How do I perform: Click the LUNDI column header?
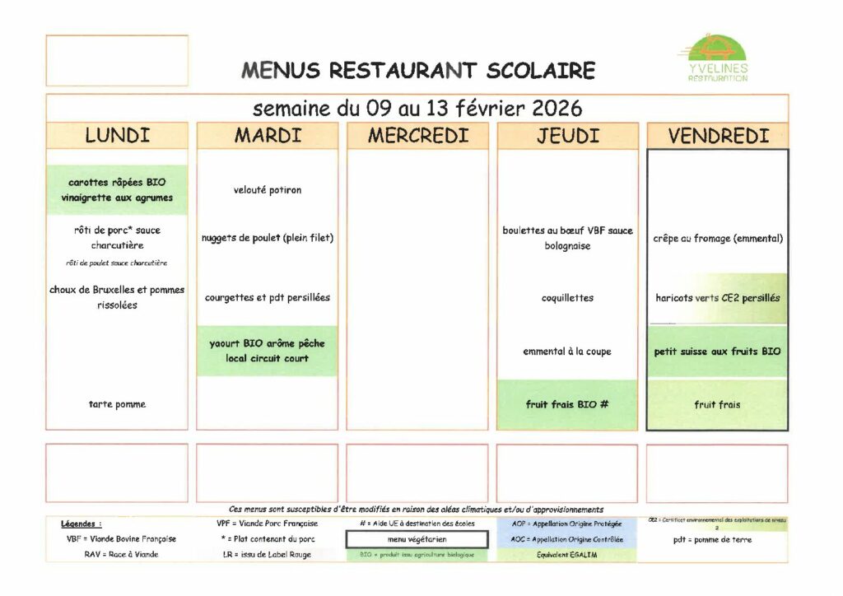point(117,136)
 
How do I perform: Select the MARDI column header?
point(268,136)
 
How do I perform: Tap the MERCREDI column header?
point(417,136)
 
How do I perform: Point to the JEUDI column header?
point(567,136)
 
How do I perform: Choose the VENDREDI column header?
point(718,136)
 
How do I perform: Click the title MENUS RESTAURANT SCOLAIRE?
point(418,70)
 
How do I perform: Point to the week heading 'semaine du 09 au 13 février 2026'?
point(417,108)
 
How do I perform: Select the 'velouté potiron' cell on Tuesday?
point(268,190)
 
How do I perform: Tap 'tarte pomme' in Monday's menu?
point(117,404)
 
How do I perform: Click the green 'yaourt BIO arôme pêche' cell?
point(268,351)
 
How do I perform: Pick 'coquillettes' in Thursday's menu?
point(567,298)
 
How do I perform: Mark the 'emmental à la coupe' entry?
point(567,352)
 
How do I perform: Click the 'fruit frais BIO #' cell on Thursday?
point(567,404)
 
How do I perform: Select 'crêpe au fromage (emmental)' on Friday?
point(718,239)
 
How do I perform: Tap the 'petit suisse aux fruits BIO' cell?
point(718,352)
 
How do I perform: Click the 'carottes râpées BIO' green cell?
point(117,190)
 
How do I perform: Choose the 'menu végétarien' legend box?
point(417,539)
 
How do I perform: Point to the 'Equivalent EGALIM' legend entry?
point(567,554)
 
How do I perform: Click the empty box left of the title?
point(117,60)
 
